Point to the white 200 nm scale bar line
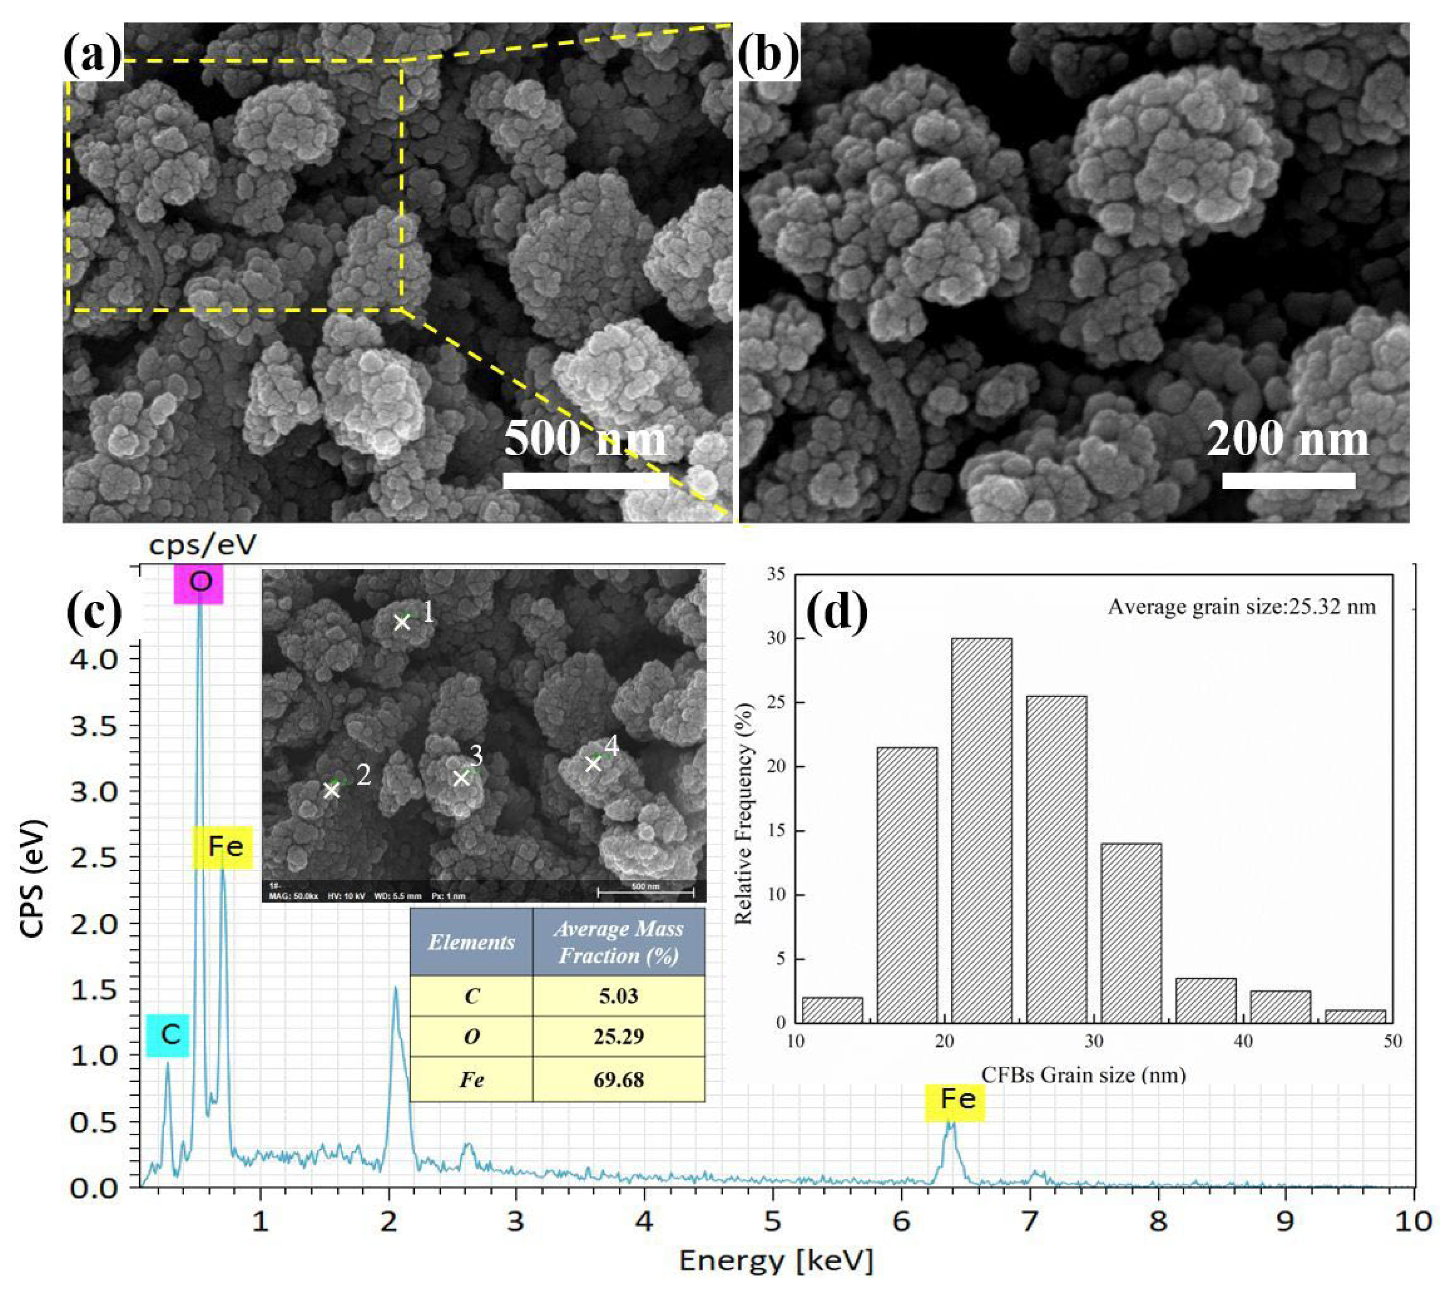[1288, 480]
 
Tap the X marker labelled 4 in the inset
[593, 764]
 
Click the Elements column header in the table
[471, 942]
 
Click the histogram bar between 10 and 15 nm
[832, 1010]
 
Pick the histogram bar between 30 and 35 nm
[1130, 933]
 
